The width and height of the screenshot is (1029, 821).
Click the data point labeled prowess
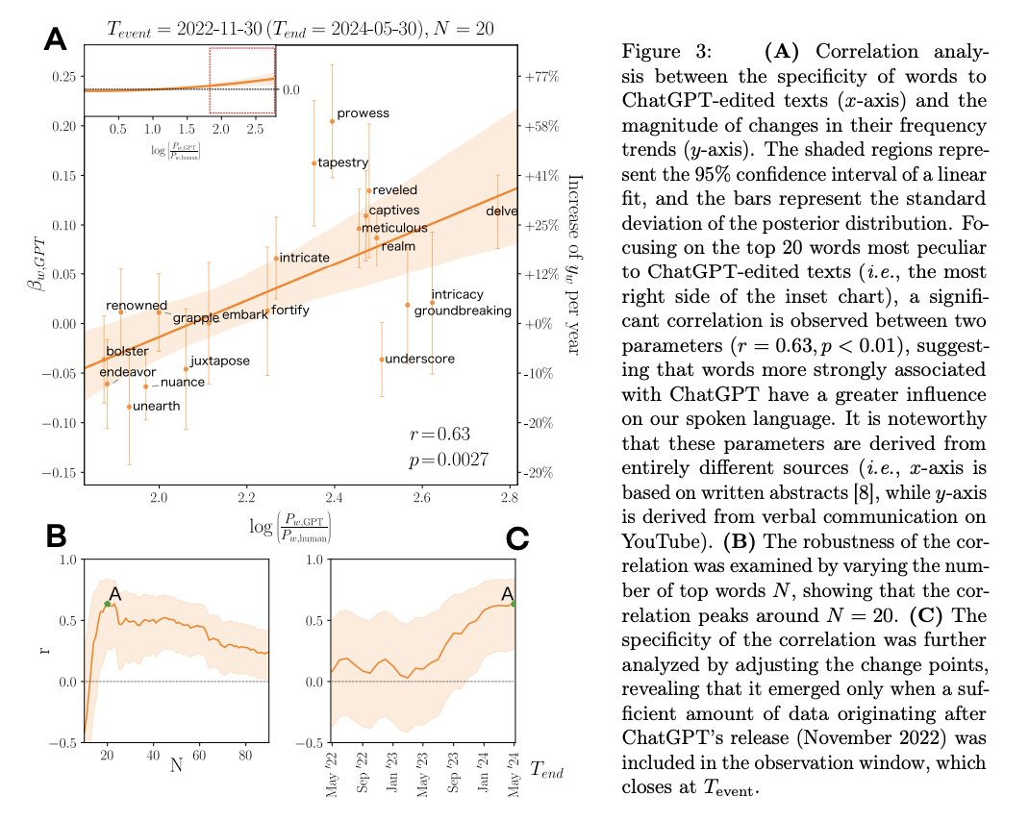tap(333, 121)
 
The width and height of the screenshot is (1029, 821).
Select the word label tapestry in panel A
tap(343, 162)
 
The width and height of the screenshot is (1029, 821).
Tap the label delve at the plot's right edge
tap(502, 211)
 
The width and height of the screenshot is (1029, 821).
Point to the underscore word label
tap(419, 359)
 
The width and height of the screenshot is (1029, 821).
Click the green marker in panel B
tap(108, 604)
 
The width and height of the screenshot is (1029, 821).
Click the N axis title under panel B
tap(176, 767)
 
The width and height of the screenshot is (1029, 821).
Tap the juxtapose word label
tap(220, 361)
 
